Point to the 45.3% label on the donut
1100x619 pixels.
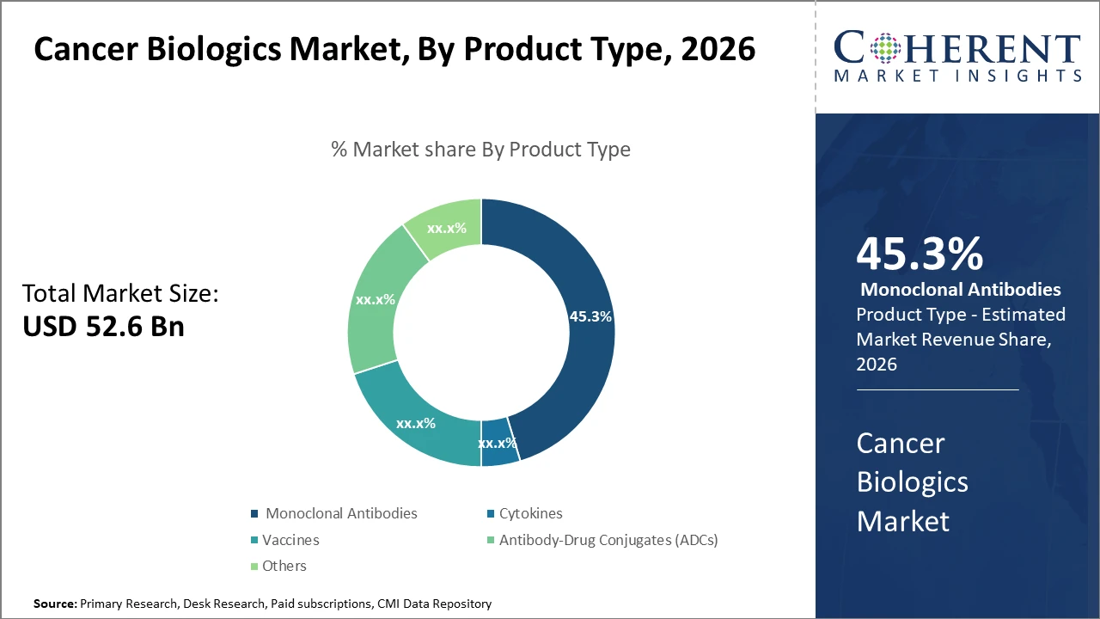tap(590, 316)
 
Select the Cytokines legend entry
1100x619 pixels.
tap(529, 513)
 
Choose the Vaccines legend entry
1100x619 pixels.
tap(290, 540)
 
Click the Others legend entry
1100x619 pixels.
tap(284, 566)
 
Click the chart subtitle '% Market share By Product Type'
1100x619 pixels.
tap(480, 150)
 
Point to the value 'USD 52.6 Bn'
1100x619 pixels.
tap(103, 327)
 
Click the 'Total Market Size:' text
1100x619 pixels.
tap(120, 294)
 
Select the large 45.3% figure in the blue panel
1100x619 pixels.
tap(920, 254)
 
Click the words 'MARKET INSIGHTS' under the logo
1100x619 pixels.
tap(956, 77)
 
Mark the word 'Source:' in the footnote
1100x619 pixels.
tap(55, 604)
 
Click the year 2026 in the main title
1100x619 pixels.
tap(718, 50)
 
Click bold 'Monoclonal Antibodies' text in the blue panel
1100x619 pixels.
tap(960, 290)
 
